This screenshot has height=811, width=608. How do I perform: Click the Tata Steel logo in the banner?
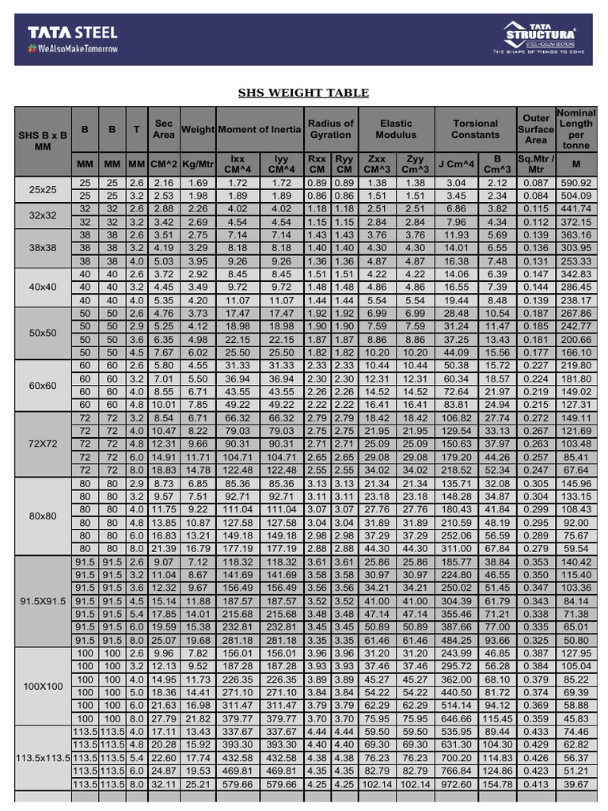click(x=73, y=32)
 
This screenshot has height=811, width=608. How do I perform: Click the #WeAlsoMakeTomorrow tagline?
click(x=73, y=49)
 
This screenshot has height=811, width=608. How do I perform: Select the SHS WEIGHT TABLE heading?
click(x=304, y=93)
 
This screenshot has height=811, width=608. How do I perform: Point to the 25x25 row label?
click(x=43, y=189)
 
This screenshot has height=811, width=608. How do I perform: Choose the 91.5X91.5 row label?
click(x=43, y=600)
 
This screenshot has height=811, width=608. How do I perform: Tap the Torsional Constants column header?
click(x=475, y=129)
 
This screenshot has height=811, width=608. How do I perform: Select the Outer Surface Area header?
click(x=536, y=129)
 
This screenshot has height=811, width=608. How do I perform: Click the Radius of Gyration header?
click(x=330, y=129)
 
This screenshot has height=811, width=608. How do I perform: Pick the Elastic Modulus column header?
click(x=396, y=129)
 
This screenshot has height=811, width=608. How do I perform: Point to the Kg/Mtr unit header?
click(x=198, y=164)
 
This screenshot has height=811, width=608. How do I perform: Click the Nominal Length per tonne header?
click(x=576, y=129)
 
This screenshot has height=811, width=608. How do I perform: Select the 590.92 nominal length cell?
click(x=576, y=183)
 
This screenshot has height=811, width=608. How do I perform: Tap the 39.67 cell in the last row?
click(x=576, y=783)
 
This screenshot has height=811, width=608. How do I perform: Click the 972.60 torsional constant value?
click(x=456, y=783)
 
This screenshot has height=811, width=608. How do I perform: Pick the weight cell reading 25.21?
click(x=198, y=783)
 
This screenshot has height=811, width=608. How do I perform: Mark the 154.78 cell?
click(x=497, y=783)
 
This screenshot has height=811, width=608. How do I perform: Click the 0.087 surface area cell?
click(x=536, y=183)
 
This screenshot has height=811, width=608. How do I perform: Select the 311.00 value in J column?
click(x=456, y=547)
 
